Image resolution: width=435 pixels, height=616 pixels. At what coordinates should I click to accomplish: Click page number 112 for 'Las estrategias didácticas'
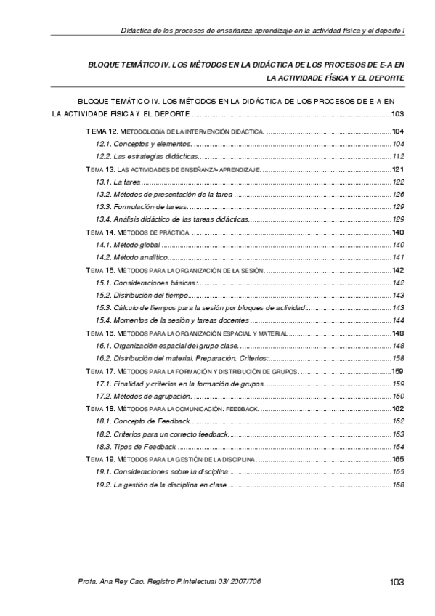[x=398, y=156]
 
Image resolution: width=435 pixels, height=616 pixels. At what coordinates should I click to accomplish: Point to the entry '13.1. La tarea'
[x=118, y=182]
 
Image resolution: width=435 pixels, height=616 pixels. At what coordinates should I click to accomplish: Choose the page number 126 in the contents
[x=398, y=194]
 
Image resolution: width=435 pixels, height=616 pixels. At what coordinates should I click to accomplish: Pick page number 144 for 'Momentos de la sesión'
[x=398, y=320]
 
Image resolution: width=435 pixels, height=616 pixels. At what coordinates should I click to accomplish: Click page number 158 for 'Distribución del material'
[x=398, y=358]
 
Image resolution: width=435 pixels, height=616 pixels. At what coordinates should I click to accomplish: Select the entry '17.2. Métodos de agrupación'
[x=143, y=396]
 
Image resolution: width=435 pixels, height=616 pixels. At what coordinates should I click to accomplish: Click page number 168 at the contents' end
[x=398, y=485]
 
